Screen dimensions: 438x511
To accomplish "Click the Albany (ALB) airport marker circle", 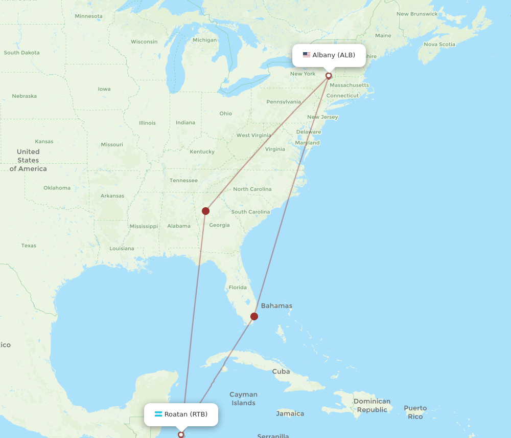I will click(x=329, y=76).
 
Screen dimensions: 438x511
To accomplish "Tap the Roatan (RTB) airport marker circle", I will click(x=181, y=434).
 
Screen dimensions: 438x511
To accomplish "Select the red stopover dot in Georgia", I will click(x=205, y=211).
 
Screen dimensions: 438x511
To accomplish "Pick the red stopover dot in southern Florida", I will click(x=254, y=316).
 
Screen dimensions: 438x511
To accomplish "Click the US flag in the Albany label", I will click(x=307, y=55).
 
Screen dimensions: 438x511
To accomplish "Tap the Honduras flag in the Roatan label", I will click(x=158, y=414).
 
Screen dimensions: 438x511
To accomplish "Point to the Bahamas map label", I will click(x=276, y=306).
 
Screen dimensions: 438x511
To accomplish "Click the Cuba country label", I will click(x=281, y=371).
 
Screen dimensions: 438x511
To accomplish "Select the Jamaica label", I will click(x=290, y=413).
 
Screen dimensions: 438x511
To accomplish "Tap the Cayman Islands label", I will click(x=243, y=399).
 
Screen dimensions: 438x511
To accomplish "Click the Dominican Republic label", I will click(x=371, y=405).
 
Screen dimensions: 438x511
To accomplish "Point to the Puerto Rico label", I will click(x=415, y=412).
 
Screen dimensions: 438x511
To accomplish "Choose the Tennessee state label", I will click(x=183, y=180).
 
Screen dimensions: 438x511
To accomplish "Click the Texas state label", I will click(x=29, y=246).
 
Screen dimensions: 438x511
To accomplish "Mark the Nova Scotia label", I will click(x=439, y=44).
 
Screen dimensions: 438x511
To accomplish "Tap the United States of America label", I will click(x=28, y=160).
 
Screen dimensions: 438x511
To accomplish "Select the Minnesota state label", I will click(x=88, y=16).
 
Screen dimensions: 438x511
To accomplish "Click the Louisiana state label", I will click(x=122, y=249).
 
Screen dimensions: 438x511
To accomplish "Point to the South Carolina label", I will click(x=250, y=212).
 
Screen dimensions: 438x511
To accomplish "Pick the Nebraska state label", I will click(x=25, y=96).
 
